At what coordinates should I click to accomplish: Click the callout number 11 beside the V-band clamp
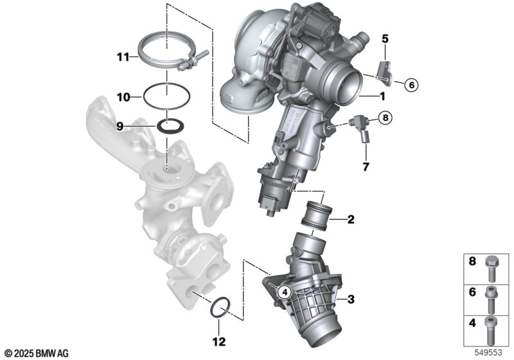[123, 57]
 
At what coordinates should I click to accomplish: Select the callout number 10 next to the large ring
[123, 97]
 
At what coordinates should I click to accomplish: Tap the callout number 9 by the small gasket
[120, 126]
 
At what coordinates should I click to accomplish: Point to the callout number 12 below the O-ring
[219, 341]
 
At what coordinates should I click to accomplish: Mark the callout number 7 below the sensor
[366, 167]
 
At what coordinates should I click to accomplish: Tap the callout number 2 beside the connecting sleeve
[351, 219]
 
